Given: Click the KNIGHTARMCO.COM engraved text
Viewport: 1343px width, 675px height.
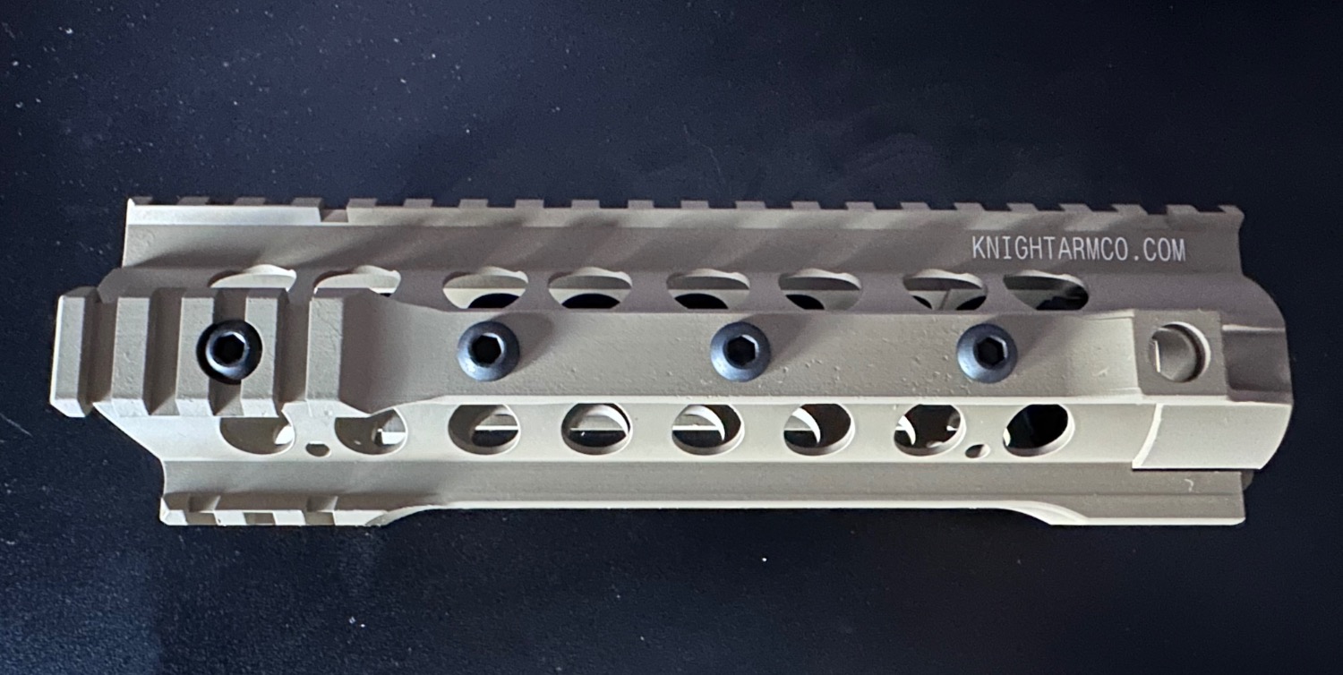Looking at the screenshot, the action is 1078,250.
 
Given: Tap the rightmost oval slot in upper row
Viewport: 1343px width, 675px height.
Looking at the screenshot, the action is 1047,289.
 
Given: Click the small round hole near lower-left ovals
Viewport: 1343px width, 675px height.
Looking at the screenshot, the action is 317,449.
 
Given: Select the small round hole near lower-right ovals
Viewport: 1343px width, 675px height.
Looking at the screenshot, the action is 978,451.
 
